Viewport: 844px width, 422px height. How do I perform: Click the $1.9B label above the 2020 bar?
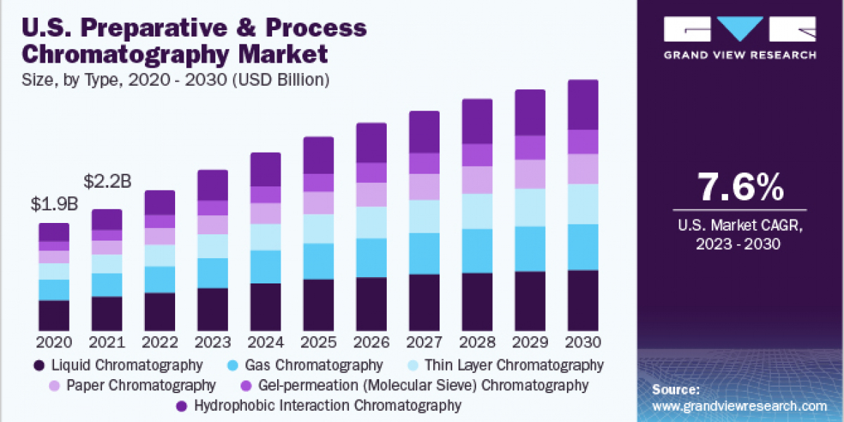coord(54,205)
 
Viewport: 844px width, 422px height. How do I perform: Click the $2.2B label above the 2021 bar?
coord(107,181)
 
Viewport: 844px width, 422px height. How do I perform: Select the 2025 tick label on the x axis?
coord(318,343)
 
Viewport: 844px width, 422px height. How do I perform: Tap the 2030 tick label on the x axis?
coord(582,343)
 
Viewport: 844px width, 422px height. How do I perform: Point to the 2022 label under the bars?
coord(160,343)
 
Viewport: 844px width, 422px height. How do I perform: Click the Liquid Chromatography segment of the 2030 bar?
coord(582,300)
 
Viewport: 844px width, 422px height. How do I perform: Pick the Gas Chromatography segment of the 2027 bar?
coord(424,253)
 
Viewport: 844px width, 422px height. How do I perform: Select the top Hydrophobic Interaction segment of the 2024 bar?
coord(265,170)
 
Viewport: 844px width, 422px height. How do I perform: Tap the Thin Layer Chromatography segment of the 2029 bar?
coord(530,207)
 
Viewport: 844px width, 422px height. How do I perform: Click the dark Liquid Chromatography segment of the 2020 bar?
coord(54,315)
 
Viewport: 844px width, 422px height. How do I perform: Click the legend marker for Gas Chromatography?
coord(231,366)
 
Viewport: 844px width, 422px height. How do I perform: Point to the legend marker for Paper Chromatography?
coord(55,385)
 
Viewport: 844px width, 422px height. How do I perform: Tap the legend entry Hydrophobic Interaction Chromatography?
coord(327,405)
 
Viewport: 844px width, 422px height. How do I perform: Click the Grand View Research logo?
coord(740,39)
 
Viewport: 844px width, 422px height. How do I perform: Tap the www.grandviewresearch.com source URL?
coord(739,406)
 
